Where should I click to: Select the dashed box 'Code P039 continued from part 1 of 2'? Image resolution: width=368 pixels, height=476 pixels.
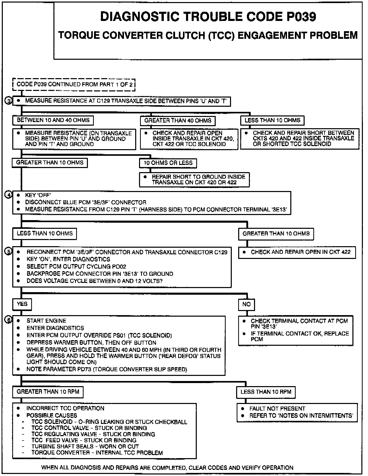(74, 85)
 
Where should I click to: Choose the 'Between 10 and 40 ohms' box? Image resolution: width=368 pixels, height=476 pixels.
(53, 120)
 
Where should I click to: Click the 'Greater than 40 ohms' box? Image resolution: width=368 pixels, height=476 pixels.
(178, 121)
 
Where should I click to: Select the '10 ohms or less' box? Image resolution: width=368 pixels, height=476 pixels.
(168, 163)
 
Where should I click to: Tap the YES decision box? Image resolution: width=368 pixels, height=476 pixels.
(22, 304)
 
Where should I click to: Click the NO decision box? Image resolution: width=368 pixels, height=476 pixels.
(247, 304)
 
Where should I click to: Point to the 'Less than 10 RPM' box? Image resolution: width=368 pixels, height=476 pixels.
(266, 392)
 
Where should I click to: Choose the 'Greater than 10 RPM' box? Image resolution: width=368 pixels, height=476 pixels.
(48, 392)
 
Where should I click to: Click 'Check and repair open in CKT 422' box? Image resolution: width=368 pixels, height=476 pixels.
(297, 252)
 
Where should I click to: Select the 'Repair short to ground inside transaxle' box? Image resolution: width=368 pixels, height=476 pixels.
(194, 180)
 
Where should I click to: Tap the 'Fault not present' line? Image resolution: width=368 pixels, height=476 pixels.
(277, 409)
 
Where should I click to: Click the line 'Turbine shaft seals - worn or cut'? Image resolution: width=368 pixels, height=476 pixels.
(85, 446)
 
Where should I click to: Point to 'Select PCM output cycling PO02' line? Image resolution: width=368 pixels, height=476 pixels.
(76, 267)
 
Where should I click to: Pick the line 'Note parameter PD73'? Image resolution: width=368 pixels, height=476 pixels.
(107, 369)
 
